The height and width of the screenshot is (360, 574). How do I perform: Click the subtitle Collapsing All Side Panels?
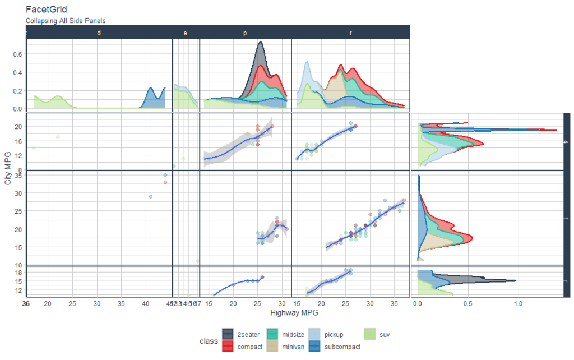point(66,21)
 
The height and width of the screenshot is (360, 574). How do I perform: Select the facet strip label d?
point(99,33)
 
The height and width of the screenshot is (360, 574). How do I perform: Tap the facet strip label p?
point(245,33)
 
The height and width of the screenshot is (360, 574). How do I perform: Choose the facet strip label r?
point(351,33)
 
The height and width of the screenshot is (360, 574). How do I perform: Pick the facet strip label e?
point(186,33)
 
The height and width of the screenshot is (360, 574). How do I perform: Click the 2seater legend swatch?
point(228,335)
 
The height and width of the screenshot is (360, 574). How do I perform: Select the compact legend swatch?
point(228,347)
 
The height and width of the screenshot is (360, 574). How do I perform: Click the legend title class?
point(208,341)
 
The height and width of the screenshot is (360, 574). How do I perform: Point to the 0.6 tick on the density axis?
point(17,54)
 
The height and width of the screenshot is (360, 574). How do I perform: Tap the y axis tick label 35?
point(17,175)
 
